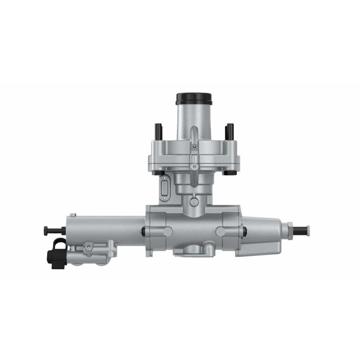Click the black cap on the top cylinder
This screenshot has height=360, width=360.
coord(194,98)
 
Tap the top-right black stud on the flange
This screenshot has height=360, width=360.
coord(230,130)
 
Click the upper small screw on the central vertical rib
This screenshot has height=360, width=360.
coord(194,147)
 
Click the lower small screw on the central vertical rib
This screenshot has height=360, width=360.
coord(194,167)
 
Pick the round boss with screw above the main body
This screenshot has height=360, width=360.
coord(194,201)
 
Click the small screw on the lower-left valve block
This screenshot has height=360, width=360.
coord(88,247)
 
